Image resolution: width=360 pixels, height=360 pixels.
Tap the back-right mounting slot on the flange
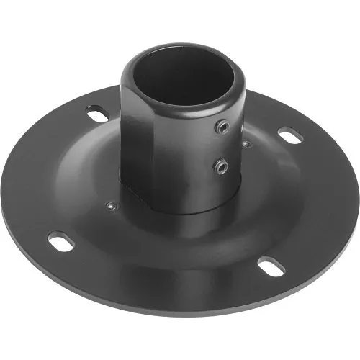point(290,135)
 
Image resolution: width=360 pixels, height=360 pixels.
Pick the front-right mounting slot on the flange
point(271,264)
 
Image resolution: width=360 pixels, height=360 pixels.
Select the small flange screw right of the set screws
point(247,144)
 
